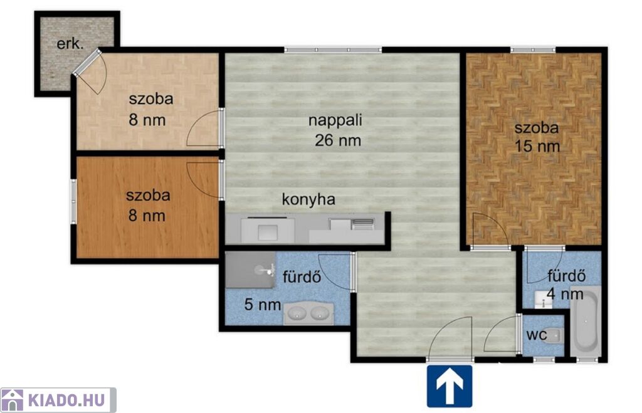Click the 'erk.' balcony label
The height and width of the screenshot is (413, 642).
pos(70,44)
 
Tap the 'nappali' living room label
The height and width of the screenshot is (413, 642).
pos(335,120)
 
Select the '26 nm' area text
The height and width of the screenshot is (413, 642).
pos(338,140)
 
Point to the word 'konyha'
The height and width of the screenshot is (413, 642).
pos(308,199)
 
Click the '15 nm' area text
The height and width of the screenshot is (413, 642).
pos(537,146)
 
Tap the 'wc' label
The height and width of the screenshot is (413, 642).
pos(537,335)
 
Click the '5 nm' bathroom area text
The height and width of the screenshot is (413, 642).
pos(263,305)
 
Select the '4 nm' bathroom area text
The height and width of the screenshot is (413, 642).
pos(565,294)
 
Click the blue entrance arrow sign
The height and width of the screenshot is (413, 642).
pos(450,386)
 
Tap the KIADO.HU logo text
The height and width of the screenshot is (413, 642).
pos(66,400)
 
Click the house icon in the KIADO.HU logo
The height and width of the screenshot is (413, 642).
pos(13,400)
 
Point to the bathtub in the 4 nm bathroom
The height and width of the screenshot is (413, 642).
pos(586,321)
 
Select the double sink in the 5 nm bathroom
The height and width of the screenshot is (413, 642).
pos(308,314)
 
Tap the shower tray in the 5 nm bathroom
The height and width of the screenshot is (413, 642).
pos(251,269)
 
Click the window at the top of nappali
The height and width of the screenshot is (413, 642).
pos(333,50)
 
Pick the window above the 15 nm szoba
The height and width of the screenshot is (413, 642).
pos(533,50)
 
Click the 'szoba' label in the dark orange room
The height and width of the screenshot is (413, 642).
pos(148,195)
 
